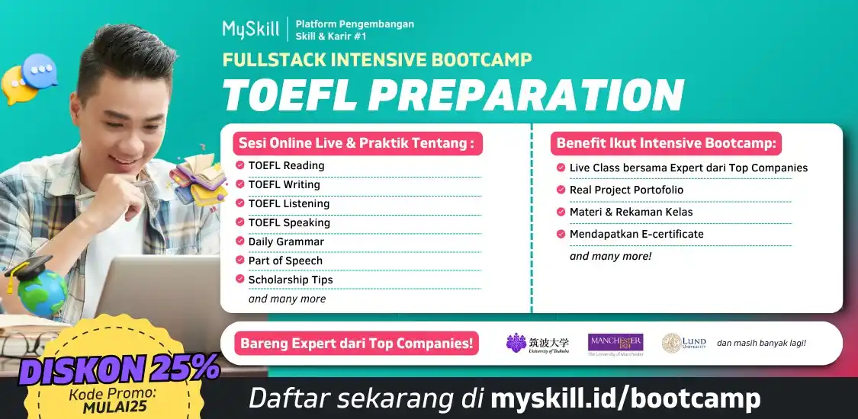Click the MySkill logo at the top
(x=250, y=29)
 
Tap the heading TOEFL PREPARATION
(x=452, y=94)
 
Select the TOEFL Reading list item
(x=286, y=165)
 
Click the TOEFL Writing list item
(x=284, y=184)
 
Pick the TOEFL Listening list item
(x=288, y=203)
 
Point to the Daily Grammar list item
(x=286, y=241)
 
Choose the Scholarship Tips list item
(x=290, y=280)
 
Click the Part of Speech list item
(x=285, y=261)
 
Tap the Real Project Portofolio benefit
(x=626, y=190)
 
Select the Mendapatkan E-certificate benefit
(x=636, y=234)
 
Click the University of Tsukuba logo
(x=537, y=344)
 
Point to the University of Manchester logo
(x=615, y=344)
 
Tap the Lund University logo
(x=683, y=344)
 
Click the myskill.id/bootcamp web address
(x=625, y=398)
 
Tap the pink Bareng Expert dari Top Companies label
(x=356, y=344)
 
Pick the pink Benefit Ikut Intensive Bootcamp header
(x=665, y=143)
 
